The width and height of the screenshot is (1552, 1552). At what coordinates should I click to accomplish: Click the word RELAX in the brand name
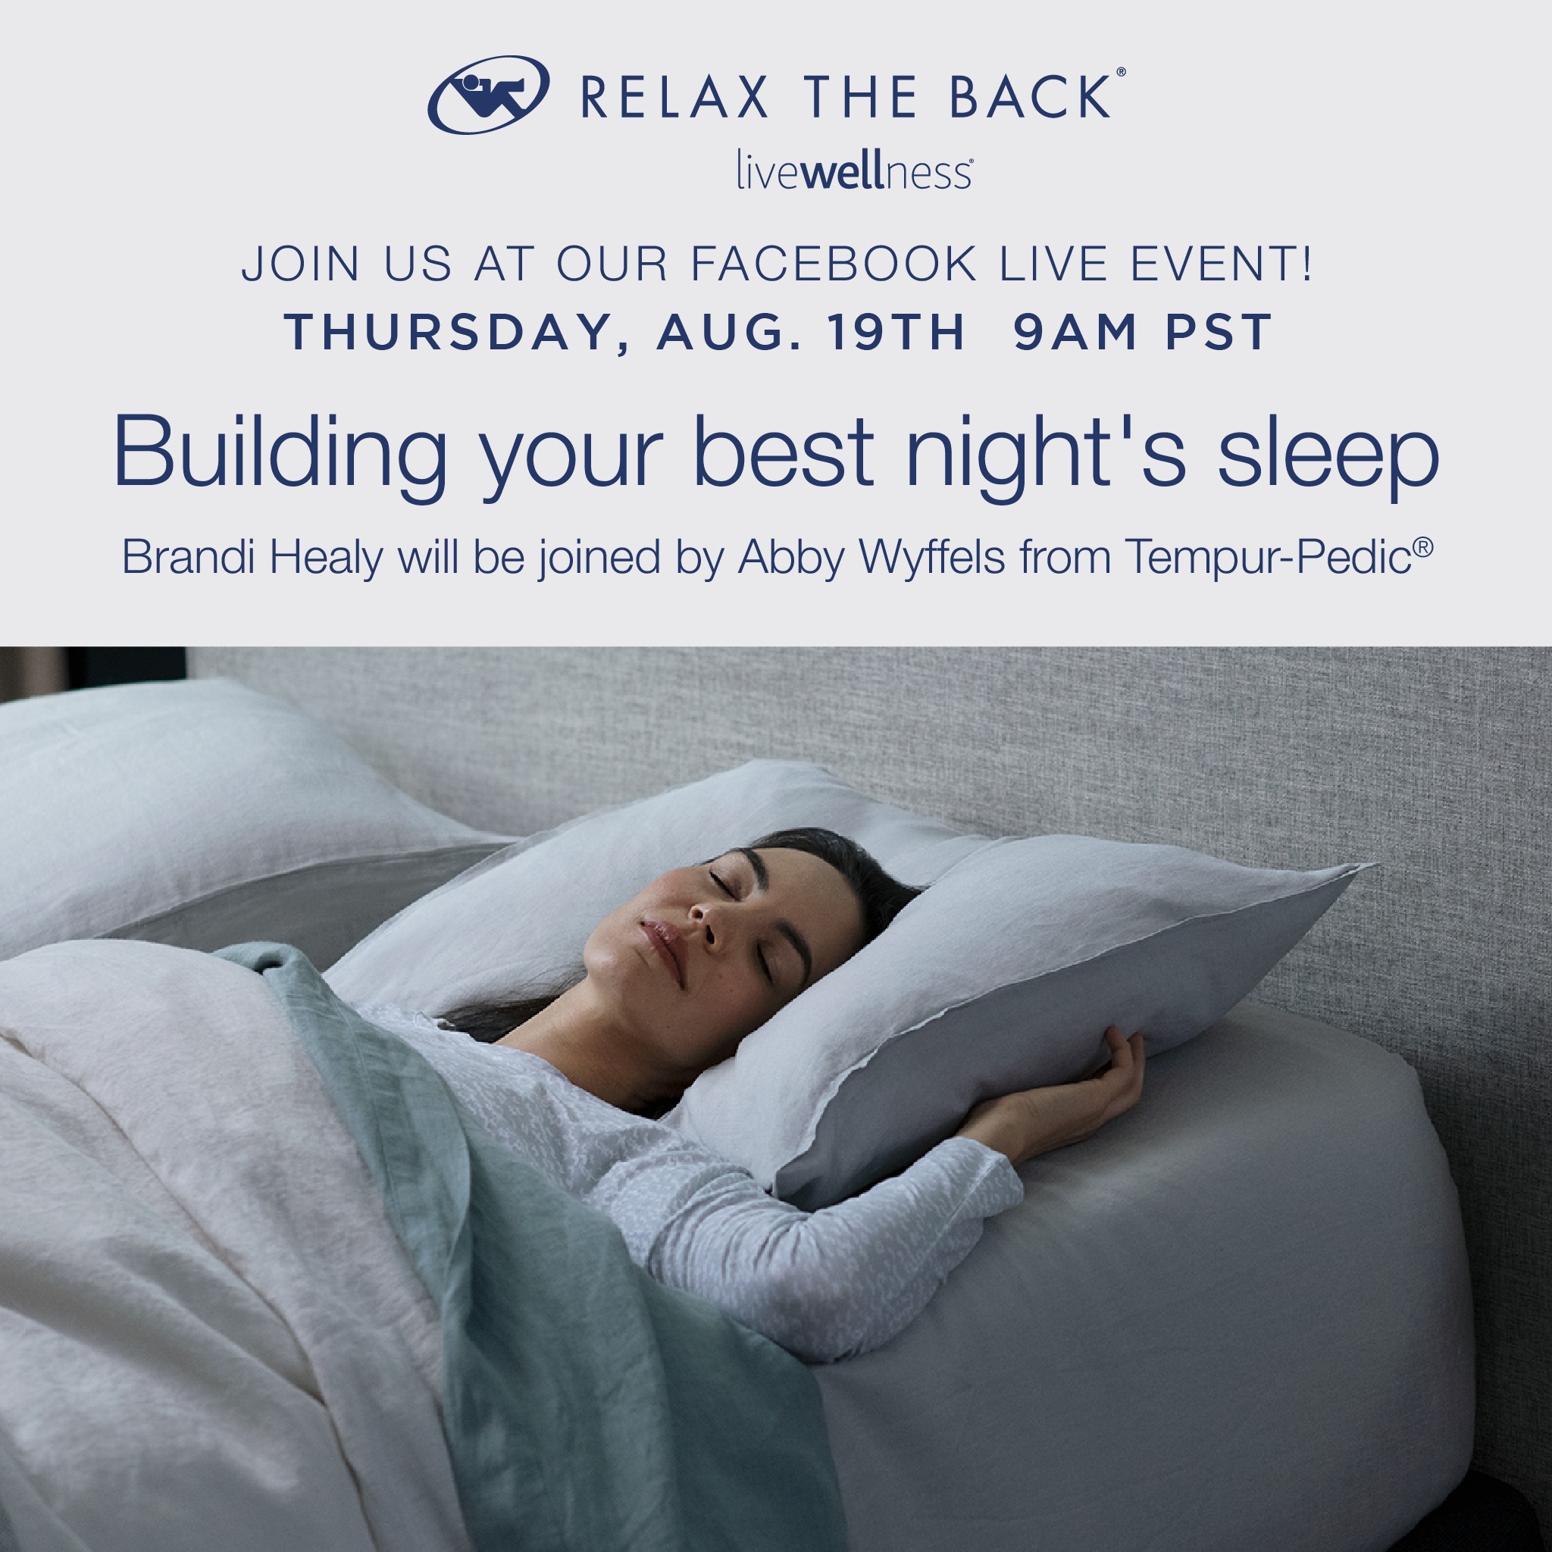point(674,98)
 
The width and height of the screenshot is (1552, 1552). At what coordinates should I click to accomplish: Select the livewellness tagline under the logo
point(855,171)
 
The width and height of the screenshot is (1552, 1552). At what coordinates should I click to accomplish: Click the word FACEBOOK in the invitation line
point(834,264)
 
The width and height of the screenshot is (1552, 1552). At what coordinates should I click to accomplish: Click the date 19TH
point(896,332)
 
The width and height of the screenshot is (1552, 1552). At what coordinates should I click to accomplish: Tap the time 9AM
point(1075,332)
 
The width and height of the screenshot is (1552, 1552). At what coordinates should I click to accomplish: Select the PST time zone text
point(1219,332)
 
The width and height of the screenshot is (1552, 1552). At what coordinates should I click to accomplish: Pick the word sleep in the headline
point(1328,458)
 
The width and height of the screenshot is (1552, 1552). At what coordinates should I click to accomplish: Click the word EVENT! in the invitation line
point(1221,264)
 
